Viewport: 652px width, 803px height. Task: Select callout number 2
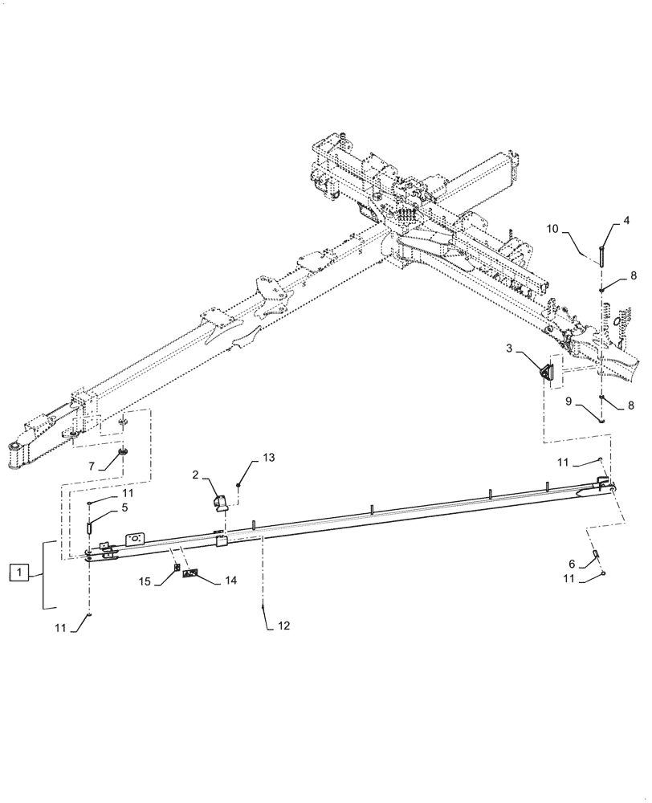pos(196,475)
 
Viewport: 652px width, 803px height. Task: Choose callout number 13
pos(268,457)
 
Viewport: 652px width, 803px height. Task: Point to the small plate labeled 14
pos(191,573)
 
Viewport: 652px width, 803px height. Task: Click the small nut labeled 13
pos(240,485)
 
